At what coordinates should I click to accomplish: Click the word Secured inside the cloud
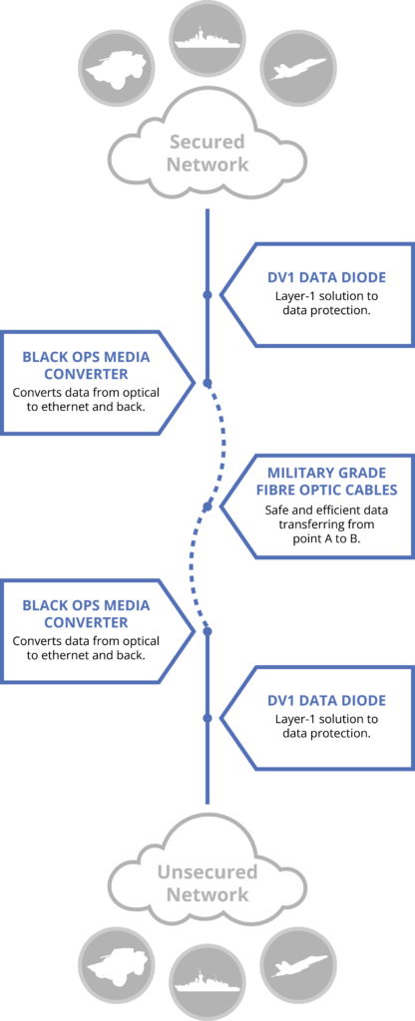click(207, 142)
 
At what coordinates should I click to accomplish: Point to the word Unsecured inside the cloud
click(207, 872)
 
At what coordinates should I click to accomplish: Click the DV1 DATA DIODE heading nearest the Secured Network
click(326, 277)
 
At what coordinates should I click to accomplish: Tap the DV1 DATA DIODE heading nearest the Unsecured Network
click(326, 701)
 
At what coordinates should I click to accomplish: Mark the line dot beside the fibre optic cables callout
click(207, 506)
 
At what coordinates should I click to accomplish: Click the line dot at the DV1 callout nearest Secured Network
click(207, 294)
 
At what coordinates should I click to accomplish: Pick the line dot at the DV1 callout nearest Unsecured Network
click(207, 718)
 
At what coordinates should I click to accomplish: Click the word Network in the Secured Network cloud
click(207, 165)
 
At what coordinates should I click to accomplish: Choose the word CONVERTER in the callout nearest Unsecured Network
click(86, 622)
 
